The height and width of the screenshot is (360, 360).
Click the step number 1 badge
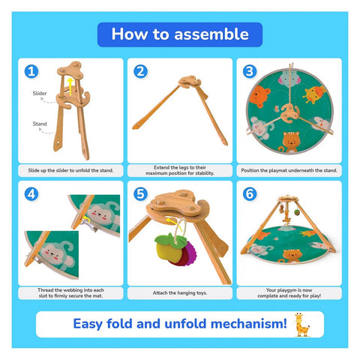coord(31,71)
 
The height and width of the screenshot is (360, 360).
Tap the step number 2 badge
coord(141,71)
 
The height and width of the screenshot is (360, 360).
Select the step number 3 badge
coord(250,71)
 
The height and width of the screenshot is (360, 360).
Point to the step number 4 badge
coord(31,194)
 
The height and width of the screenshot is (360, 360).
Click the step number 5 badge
coord(141,194)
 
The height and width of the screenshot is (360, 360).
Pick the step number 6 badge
coord(250,194)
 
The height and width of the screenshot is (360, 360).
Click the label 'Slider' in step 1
coord(40,93)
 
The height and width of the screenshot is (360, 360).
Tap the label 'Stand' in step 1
coord(40,124)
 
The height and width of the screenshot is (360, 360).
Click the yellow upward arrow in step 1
coord(70,86)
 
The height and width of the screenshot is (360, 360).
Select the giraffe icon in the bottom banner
coord(302,325)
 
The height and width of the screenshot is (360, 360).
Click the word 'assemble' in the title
coord(211,34)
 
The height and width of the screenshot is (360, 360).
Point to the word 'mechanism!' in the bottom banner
coord(249,323)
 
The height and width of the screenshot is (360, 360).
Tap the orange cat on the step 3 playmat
coord(289,142)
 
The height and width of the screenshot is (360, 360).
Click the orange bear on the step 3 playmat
coord(259,96)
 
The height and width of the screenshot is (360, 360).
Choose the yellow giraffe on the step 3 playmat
coord(314,94)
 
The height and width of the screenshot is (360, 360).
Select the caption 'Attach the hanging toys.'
coord(180,292)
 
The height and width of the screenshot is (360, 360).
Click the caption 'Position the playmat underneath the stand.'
coord(289,170)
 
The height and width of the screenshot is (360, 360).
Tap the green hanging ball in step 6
coord(297,212)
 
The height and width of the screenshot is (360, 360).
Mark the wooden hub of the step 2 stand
coord(190,82)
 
